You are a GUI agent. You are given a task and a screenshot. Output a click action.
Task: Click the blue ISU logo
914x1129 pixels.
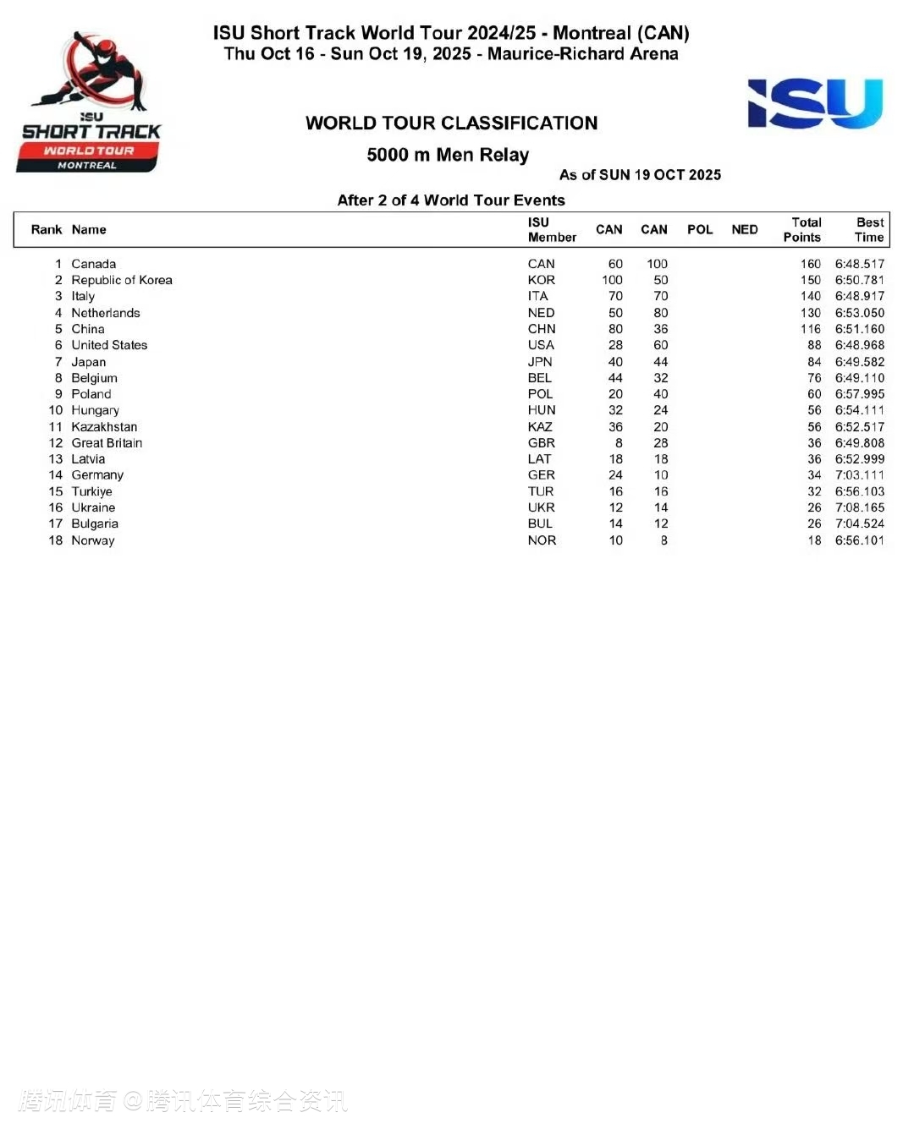815,103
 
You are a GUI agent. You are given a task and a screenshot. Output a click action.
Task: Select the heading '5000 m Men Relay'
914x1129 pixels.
448,155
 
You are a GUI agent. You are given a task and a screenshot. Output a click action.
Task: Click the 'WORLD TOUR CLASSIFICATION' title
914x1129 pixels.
451,123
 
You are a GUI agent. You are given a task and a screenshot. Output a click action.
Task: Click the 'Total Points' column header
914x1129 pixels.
802,230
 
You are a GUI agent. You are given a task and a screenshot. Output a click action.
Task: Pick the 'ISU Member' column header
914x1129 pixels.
551,230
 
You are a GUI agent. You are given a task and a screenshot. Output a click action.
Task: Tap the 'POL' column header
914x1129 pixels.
699,230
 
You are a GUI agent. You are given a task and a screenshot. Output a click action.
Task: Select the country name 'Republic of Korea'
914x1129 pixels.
122,280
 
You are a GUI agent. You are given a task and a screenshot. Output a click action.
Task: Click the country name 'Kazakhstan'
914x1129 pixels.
104,427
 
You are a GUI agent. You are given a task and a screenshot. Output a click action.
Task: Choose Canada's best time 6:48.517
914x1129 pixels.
859,264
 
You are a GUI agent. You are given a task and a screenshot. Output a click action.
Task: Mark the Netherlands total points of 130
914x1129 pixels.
810,313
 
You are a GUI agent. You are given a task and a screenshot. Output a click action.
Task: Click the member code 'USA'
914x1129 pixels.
541,345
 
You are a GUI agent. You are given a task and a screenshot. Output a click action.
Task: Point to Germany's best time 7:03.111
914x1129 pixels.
859,475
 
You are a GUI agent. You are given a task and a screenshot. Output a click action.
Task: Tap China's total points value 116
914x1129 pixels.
810,329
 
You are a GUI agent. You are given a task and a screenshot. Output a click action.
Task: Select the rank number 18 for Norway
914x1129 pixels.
56,540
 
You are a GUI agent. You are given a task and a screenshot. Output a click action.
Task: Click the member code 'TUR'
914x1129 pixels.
541,491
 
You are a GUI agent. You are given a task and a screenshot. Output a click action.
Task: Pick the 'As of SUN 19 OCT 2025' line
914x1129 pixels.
640,175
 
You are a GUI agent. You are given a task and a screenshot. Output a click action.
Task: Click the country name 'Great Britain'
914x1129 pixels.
107,443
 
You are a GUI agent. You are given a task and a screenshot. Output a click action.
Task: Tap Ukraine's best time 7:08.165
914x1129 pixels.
859,507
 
